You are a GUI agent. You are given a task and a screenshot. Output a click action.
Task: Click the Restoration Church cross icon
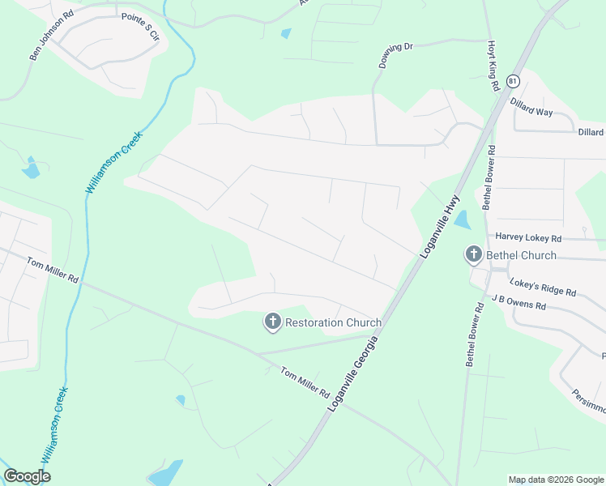click(272, 322)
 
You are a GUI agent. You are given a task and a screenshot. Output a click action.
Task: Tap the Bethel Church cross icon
click(473, 255)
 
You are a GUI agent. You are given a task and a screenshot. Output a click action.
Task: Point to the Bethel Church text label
click(521, 255)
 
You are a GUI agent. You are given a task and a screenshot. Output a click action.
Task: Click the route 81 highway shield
click(513, 81)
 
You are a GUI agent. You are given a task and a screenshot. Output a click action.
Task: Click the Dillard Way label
click(531, 108)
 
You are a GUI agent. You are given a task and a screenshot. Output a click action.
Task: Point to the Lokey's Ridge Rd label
click(543, 287)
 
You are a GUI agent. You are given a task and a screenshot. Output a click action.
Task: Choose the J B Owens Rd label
click(519, 303)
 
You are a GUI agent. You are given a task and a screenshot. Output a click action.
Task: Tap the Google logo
click(27, 475)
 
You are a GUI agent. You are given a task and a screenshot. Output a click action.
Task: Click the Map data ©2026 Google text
click(555, 480)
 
